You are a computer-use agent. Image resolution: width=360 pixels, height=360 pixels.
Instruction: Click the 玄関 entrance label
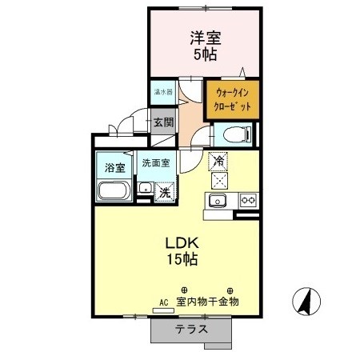pyautogui.click(x=163, y=123)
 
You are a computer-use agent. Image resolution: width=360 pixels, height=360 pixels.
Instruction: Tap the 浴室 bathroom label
pyautogui.click(x=114, y=168)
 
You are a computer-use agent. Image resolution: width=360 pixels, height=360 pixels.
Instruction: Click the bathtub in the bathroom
pyautogui.click(x=114, y=192)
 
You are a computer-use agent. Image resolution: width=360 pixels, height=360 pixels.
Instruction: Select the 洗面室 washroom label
pyautogui.click(x=156, y=162)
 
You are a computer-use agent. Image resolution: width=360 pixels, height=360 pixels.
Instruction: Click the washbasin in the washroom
pyautogui.click(x=145, y=189)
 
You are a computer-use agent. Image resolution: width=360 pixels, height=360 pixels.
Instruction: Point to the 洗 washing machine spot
pyautogui.click(x=163, y=192)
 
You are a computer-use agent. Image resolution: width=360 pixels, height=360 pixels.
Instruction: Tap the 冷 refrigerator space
pyautogui.click(x=218, y=161)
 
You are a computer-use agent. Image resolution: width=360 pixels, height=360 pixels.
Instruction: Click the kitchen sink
pyautogui.click(x=219, y=200)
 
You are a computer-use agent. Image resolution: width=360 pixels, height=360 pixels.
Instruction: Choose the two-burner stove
pyautogui.click(x=248, y=200)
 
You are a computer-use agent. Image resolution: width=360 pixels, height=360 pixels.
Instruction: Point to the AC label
pyautogui.click(x=163, y=302)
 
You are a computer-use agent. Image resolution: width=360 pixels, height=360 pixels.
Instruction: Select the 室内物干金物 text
pyautogui.click(x=207, y=302)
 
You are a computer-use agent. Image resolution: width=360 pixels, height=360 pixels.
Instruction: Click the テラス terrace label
pyautogui.click(x=192, y=330)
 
